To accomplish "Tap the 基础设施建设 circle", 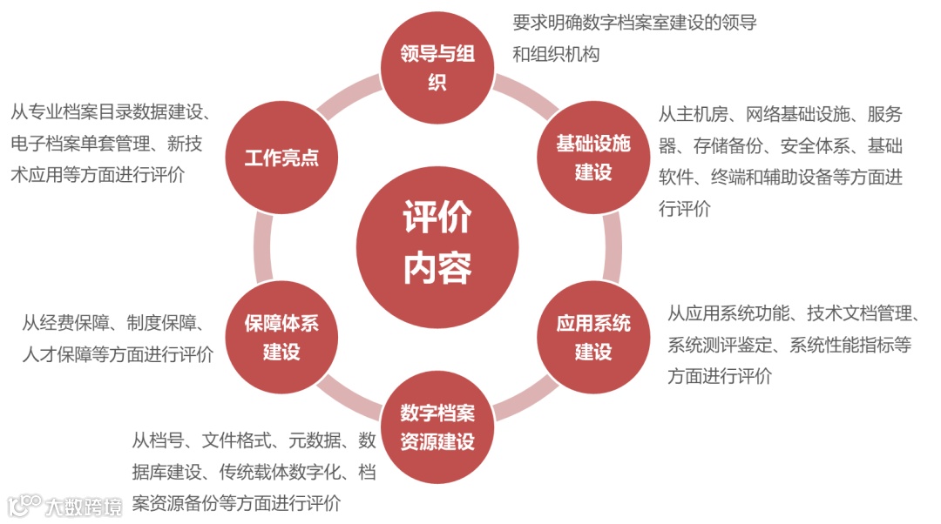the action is pyautogui.click(x=592, y=158).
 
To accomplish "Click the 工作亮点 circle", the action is pyautogui.click(x=281, y=158).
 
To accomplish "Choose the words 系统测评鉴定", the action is pyautogui.click(x=720, y=345).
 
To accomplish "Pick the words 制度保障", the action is pyautogui.click(x=165, y=323).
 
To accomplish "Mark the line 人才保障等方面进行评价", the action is pyautogui.click(x=117, y=354).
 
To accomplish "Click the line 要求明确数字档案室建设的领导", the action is pyautogui.click(x=634, y=23).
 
